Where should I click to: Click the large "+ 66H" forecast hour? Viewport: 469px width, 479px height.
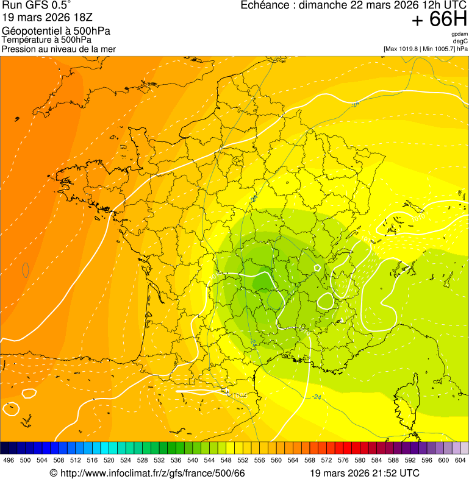[x=439, y=20]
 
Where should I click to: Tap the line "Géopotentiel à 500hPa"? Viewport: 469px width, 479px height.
[x=56, y=31]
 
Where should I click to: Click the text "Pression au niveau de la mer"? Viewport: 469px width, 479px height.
[x=59, y=49]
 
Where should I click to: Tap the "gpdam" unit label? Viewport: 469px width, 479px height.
[x=459, y=34]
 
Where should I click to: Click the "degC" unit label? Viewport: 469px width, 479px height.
[x=460, y=41]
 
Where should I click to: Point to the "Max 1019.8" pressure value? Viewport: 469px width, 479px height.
[x=404, y=48]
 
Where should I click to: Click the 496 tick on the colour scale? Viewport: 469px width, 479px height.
[x=9, y=460]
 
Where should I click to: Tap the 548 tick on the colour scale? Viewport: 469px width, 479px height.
[x=225, y=460]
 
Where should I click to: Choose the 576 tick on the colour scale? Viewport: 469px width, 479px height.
[x=343, y=460]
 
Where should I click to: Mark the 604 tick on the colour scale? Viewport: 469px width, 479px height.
[x=460, y=460]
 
